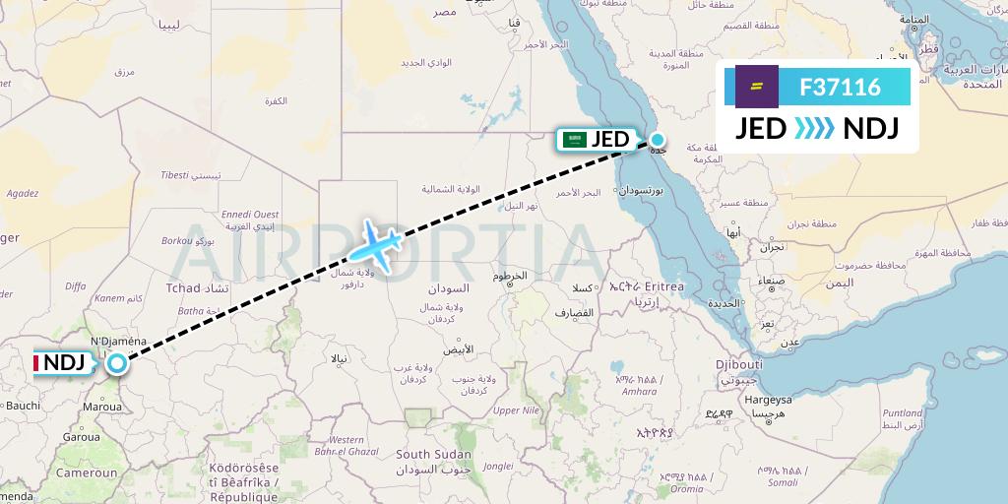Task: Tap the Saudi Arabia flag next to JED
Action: pyautogui.click(x=574, y=140)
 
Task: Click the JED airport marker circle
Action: pyautogui.click(x=658, y=140)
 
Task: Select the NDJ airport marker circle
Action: pyautogui.click(x=117, y=363)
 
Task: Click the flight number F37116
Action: pyautogui.click(x=840, y=88)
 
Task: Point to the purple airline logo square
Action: pyautogui.click(x=757, y=87)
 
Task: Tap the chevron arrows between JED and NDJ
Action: pyautogui.click(x=814, y=129)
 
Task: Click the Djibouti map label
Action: pyautogui.click(x=739, y=364)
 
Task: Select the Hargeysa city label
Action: pyautogui.click(x=768, y=400)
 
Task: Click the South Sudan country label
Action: pyautogui.click(x=434, y=455)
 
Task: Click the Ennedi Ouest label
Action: pyautogui.click(x=250, y=214)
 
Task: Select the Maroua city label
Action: pyautogui.click(x=103, y=404)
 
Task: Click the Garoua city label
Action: pyautogui.click(x=81, y=436)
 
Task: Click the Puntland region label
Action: pyautogui.click(x=903, y=413)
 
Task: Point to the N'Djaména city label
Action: pyautogui.click(x=118, y=341)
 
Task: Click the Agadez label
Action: pyautogui.click(x=23, y=194)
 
